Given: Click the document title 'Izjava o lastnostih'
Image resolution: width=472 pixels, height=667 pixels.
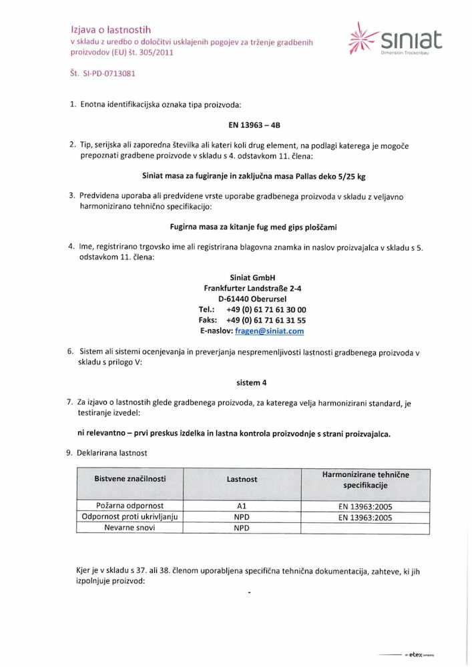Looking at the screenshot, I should pos(111,29).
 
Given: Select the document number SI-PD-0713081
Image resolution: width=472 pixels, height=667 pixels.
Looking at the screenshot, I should pos(103,73).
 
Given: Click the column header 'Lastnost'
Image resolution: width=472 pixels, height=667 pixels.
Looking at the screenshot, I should pos(242,479).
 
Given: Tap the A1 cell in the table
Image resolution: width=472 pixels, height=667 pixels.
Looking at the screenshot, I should pos(242,506).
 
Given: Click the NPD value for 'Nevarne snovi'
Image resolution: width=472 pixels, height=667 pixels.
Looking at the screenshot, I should pos(242,528).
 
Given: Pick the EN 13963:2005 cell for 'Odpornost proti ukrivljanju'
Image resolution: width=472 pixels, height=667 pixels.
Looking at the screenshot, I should pos(365,517).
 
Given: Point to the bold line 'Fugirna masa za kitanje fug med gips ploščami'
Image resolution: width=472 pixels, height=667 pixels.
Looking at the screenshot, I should pos(253,227).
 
